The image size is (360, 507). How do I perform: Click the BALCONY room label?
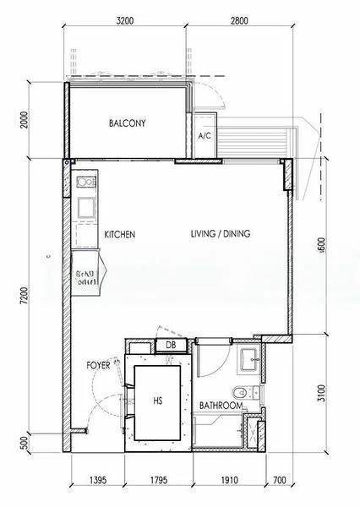128,123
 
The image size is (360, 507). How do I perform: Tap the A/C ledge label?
204,136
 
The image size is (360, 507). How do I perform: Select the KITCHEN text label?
120,234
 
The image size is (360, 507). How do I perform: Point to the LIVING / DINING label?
220,234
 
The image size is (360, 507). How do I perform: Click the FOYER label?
99,366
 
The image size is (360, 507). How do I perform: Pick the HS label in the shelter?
158,401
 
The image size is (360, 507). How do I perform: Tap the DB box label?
171,345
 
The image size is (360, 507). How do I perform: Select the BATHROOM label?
221,406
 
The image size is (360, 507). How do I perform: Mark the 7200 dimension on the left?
27,296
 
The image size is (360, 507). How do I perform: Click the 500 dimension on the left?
27,441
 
